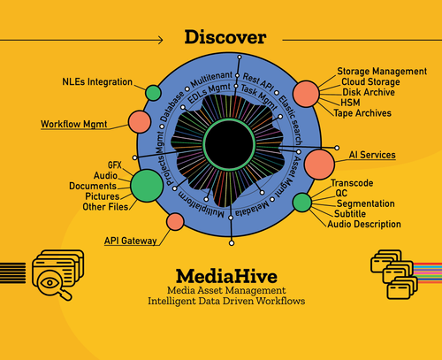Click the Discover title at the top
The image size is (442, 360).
click(225, 37)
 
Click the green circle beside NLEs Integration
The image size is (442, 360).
click(153, 91)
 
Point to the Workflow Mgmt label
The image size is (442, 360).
click(78, 125)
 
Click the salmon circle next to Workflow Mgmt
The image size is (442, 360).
click(140, 122)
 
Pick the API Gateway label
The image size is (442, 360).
click(131, 240)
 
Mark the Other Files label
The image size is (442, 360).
click(105, 207)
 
